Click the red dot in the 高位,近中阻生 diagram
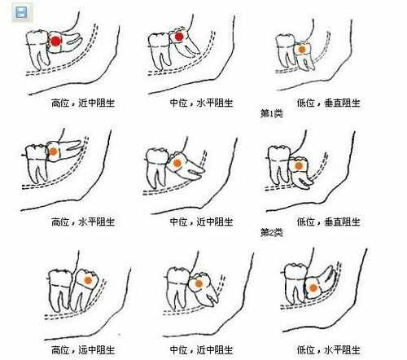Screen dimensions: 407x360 point(56,42)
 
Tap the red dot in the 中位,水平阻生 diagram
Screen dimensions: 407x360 point(179,37)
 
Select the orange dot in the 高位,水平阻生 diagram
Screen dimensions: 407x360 point(53,151)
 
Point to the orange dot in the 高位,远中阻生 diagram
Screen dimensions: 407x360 point(88,280)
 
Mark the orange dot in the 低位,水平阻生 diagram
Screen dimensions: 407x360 point(313,288)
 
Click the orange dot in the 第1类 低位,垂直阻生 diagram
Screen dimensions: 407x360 point(302,50)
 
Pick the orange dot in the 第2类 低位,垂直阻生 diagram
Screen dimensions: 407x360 point(299,165)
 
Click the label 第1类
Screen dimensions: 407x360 point(271,113)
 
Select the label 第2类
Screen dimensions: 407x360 point(271,232)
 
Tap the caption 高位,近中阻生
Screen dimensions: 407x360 point(83,103)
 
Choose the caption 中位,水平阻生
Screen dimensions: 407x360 point(201,103)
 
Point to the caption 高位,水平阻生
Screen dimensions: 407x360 point(83,222)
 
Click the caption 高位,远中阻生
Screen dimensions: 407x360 point(83,349)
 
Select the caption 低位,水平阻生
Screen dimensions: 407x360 point(328,349)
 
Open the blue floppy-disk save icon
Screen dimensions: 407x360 point(21,12)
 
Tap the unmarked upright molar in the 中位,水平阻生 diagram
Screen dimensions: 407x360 point(160,51)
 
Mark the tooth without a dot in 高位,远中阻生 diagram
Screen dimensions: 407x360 point(59,289)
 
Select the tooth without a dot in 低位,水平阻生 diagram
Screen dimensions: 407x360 point(295,283)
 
